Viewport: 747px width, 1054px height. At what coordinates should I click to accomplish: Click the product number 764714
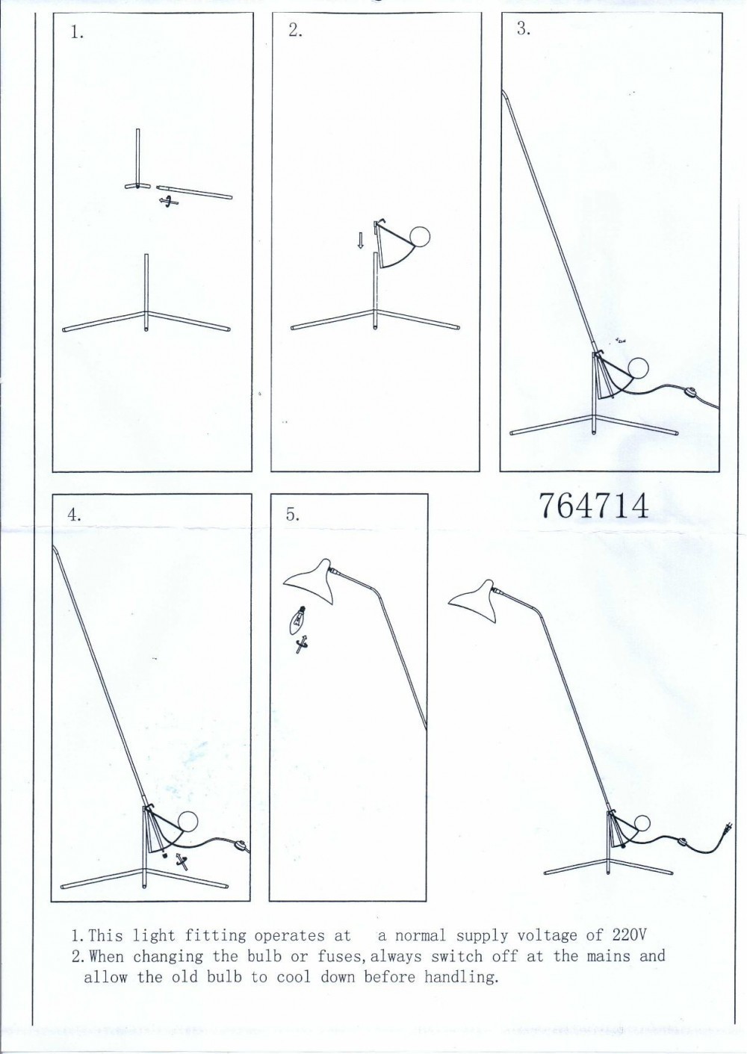[594, 506]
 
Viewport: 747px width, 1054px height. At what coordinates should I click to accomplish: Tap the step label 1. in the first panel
[78, 33]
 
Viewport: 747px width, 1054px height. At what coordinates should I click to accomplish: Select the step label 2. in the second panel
[295, 31]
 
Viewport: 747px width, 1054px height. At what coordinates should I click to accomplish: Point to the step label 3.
[524, 28]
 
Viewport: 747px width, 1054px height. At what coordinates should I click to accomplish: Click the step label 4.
[74, 515]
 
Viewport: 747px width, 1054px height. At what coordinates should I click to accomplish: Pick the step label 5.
[293, 514]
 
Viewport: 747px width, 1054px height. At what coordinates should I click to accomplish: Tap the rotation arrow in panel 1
[168, 202]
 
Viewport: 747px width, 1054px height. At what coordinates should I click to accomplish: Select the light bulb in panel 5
[295, 619]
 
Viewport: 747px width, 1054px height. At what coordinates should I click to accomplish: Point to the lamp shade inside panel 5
[311, 581]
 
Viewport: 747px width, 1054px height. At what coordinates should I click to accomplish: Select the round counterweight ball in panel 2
[419, 237]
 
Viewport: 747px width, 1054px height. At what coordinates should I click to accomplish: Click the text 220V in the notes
[629, 935]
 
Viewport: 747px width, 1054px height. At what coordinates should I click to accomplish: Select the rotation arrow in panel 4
[182, 861]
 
